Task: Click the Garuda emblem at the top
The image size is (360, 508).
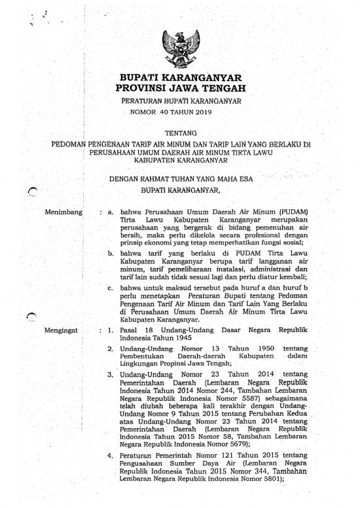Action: tap(179, 45)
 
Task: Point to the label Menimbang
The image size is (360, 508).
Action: tap(63, 212)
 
